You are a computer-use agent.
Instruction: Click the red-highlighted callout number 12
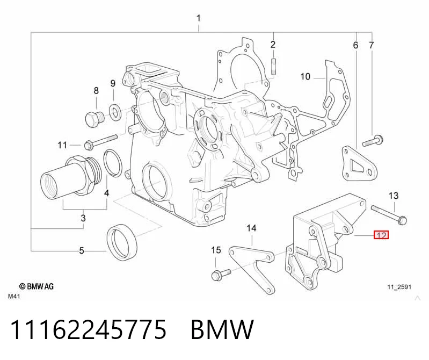381,235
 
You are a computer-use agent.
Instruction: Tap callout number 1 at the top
198,18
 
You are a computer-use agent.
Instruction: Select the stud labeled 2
274,66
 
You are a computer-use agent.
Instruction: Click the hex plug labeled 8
94,120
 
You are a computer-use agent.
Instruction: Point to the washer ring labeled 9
115,112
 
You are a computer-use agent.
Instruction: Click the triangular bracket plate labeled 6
360,163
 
